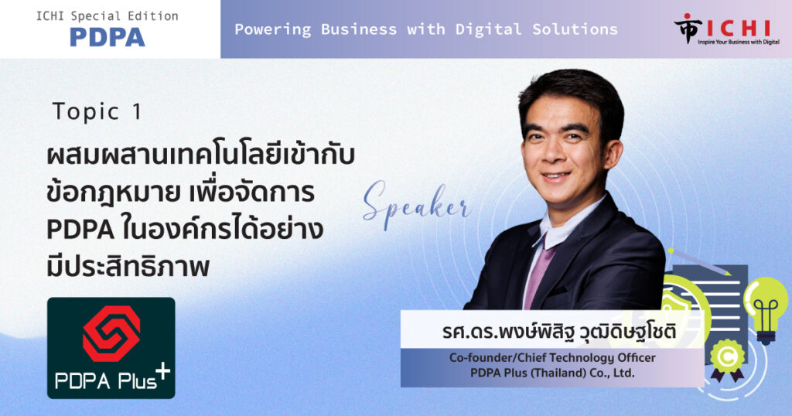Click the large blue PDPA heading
click(x=107, y=37)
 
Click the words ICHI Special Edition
click(x=107, y=16)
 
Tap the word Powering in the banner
click(x=273, y=30)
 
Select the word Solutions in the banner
click(x=575, y=29)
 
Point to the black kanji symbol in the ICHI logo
click(x=688, y=29)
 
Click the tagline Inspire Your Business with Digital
click(x=739, y=42)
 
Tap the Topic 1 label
click(x=97, y=111)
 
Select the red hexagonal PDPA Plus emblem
click(x=111, y=334)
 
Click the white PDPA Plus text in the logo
click(x=105, y=380)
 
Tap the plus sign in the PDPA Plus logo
click(x=162, y=372)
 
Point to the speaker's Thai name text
click(x=558, y=332)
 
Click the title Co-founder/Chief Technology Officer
click(x=552, y=358)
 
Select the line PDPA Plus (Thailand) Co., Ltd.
click(x=552, y=373)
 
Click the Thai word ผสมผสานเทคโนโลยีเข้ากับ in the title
click(x=200, y=155)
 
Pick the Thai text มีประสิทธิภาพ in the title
click(x=128, y=267)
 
